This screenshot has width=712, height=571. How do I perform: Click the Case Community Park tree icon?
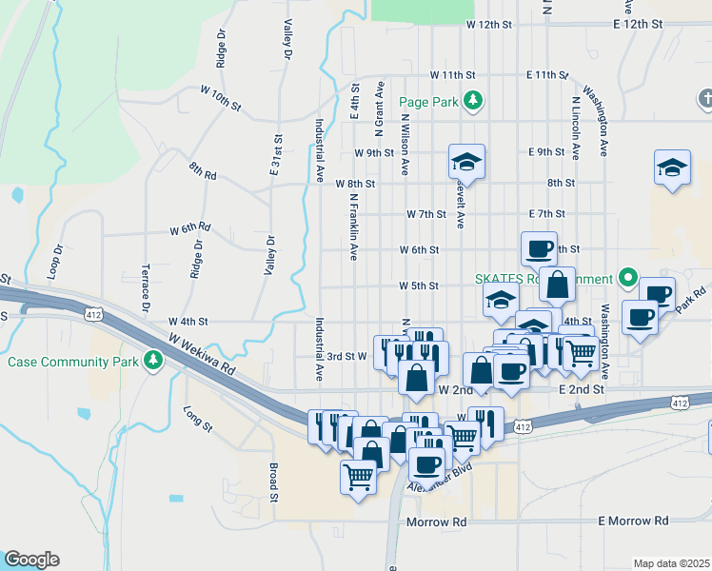[x=152, y=361]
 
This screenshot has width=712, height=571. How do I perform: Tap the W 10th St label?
[x=220, y=96]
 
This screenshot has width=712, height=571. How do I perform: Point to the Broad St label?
[x=272, y=482]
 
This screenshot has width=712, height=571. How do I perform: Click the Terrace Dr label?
[x=147, y=288]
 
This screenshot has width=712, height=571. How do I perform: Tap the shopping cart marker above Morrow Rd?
[x=359, y=475]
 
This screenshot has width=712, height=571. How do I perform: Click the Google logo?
[x=30, y=560]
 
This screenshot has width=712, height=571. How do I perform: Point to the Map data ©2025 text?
[x=671, y=563]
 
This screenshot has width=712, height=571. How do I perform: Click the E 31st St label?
[x=275, y=154]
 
